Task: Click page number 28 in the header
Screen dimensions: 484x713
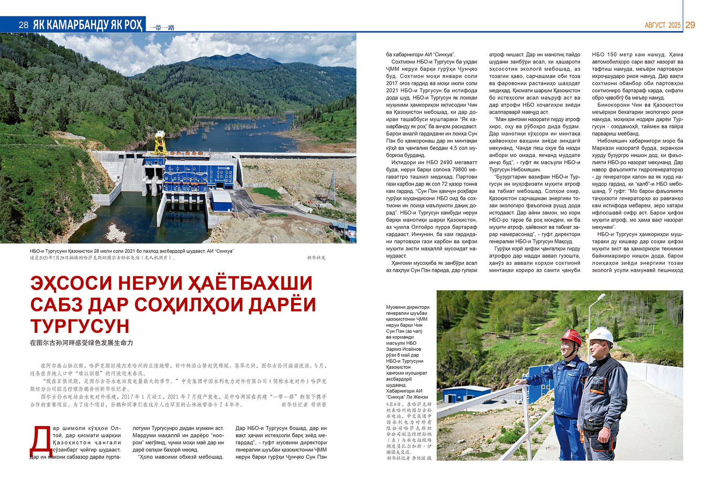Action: point(23,25)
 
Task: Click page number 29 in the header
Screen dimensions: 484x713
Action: point(690,25)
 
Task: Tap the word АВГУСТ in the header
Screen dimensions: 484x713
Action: point(655,25)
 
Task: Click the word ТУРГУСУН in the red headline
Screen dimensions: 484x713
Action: point(80,326)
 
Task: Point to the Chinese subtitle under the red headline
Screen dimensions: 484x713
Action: point(81,343)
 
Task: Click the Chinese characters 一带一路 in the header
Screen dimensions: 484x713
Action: point(162,27)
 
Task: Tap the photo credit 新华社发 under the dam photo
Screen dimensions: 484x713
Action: point(316,257)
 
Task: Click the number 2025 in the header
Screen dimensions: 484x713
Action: point(674,25)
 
